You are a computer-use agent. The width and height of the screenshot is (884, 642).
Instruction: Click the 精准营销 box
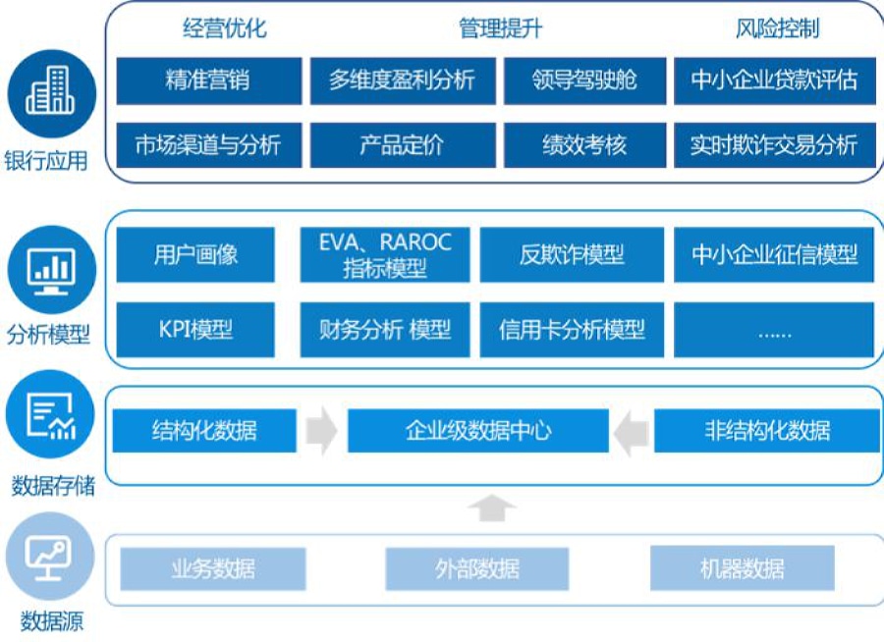tap(208, 80)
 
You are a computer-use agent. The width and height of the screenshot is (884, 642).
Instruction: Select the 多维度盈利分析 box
tap(402, 80)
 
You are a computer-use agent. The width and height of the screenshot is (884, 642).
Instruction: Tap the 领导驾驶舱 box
tap(584, 80)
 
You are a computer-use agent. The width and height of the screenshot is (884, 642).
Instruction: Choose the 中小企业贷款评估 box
tap(774, 80)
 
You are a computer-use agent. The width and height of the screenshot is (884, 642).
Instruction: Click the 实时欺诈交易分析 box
tap(774, 145)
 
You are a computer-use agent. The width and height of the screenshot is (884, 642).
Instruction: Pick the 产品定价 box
tap(402, 145)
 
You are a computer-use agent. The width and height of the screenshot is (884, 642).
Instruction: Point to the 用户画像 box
tap(195, 255)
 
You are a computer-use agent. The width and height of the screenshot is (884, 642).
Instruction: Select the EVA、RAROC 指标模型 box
tap(385, 255)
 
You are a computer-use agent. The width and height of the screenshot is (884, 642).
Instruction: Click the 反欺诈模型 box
tap(572, 255)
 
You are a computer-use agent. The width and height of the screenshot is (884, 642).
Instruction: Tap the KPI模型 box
tap(195, 329)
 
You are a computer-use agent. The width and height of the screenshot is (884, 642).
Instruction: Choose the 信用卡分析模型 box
tap(572, 329)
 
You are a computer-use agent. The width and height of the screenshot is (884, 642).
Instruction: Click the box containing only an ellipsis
tap(774, 329)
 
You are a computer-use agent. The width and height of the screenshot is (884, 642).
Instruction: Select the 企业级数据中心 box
tap(478, 431)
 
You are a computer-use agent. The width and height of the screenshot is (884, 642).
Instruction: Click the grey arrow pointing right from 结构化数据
tap(321, 432)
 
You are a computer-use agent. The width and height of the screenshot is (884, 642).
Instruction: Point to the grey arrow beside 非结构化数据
tap(632, 432)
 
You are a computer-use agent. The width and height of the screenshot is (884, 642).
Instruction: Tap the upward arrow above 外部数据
tap(491, 508)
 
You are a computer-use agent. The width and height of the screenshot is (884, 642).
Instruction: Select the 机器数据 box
tap(742, 568)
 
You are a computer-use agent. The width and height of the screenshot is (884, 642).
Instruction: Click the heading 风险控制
tap(777, 28)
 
